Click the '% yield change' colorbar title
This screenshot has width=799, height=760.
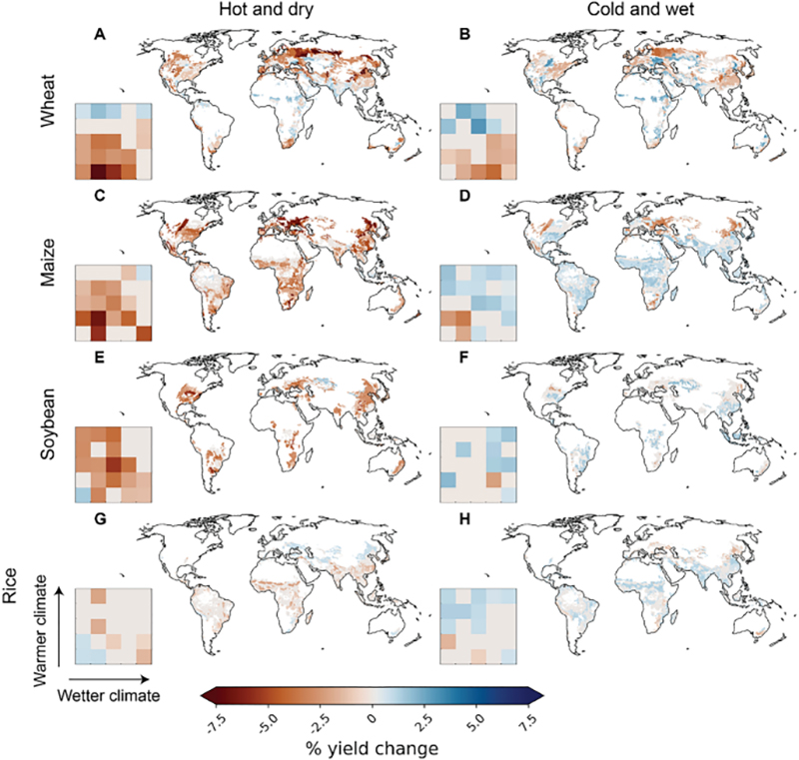click(373, 744)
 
